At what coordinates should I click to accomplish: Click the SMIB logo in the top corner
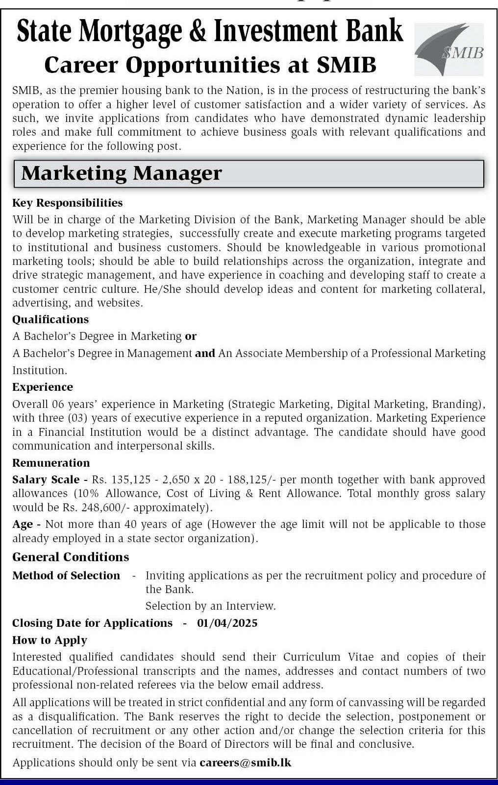[449, 49]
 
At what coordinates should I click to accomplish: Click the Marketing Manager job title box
[249, 174]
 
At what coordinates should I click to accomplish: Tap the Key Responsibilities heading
[68, 203]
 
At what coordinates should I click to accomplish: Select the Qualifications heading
[50, 319]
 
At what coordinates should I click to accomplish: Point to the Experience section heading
[43, 387]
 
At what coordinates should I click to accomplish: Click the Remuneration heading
[51, 463]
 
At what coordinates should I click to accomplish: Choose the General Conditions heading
[71, 557]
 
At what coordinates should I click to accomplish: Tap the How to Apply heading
[50, 640]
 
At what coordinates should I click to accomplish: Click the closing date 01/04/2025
[227, 623]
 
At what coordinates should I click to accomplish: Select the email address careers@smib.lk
[245, 762]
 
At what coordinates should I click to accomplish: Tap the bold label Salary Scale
[46, 479]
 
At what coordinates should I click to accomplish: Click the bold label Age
[23, 524]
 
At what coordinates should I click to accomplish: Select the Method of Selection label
[66, 575]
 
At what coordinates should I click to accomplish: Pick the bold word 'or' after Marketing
[191, 336]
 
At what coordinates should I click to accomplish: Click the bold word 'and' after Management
[205, 353]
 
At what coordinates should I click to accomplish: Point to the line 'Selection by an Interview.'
[210, 606]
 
